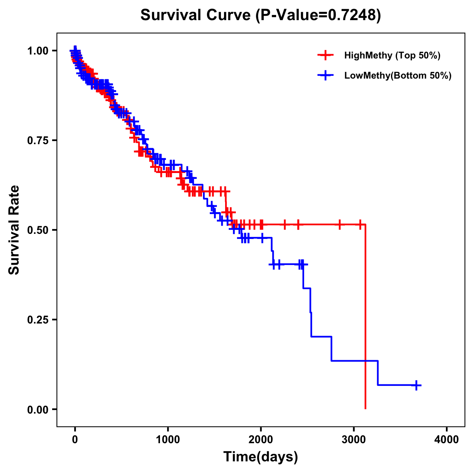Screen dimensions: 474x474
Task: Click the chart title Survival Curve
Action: (x=196, y=15)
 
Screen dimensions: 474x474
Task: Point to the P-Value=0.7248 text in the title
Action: (x=318, y=15)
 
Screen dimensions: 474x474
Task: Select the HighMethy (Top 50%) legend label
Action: (x=392, y=55)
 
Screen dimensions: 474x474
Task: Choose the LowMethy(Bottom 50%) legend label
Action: (x=398, y=76)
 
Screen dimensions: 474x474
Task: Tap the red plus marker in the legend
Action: (x=325, y=55)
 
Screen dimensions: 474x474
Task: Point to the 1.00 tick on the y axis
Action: (x=38, y=51)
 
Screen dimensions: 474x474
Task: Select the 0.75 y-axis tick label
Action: (x=38, y=140)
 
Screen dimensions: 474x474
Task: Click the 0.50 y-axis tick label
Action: (x=38, y=230)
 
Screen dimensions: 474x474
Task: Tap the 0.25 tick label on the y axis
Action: (x=38, y=320)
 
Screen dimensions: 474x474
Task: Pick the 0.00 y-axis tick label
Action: (x=38, y=409)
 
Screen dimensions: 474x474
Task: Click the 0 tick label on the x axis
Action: (x=75, y=440)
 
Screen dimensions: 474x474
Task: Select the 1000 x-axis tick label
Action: (x=168, y=440)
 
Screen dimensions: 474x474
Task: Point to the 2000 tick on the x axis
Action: (x=261, y=440)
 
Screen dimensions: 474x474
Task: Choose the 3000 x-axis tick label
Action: (x=354, y=440)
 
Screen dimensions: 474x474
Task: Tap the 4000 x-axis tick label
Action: (x=447, y=440)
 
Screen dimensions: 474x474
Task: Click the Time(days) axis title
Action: (x=261, y=457)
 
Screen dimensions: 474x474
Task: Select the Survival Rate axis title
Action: (x=14, y=230)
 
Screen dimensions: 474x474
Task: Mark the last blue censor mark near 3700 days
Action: (x=416, y=385)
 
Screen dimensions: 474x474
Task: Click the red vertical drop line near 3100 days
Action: (x=365, y=316)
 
